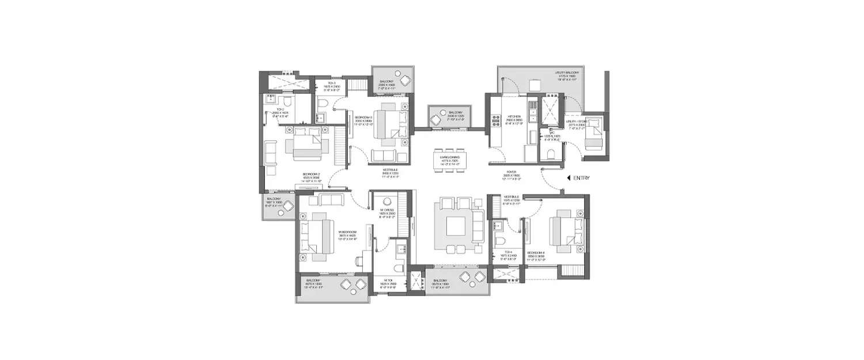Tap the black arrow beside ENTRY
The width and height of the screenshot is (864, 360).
click(569, 179)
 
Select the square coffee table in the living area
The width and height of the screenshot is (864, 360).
click(458, 225)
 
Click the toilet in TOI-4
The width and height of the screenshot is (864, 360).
click(500, 240)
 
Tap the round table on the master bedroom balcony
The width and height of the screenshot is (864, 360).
click(353, 286)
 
